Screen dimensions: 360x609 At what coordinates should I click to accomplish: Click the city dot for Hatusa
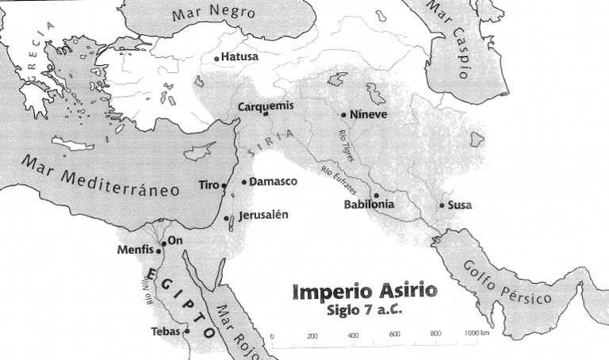coord(216,58)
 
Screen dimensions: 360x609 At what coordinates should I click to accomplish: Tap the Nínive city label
coord(369,114)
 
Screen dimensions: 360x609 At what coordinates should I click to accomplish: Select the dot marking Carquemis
coord(266,114)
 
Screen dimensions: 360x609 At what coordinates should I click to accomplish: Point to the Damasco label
coord(273,182)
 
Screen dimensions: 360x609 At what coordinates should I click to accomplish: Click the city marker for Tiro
coord(224,186)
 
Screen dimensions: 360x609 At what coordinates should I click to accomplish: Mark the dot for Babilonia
coord(376,195)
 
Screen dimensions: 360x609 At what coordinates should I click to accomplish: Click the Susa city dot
coord(442,206)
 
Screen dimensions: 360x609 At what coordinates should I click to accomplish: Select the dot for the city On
coord(163,243)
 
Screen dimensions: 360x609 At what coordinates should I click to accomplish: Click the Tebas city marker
coord(188,331)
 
